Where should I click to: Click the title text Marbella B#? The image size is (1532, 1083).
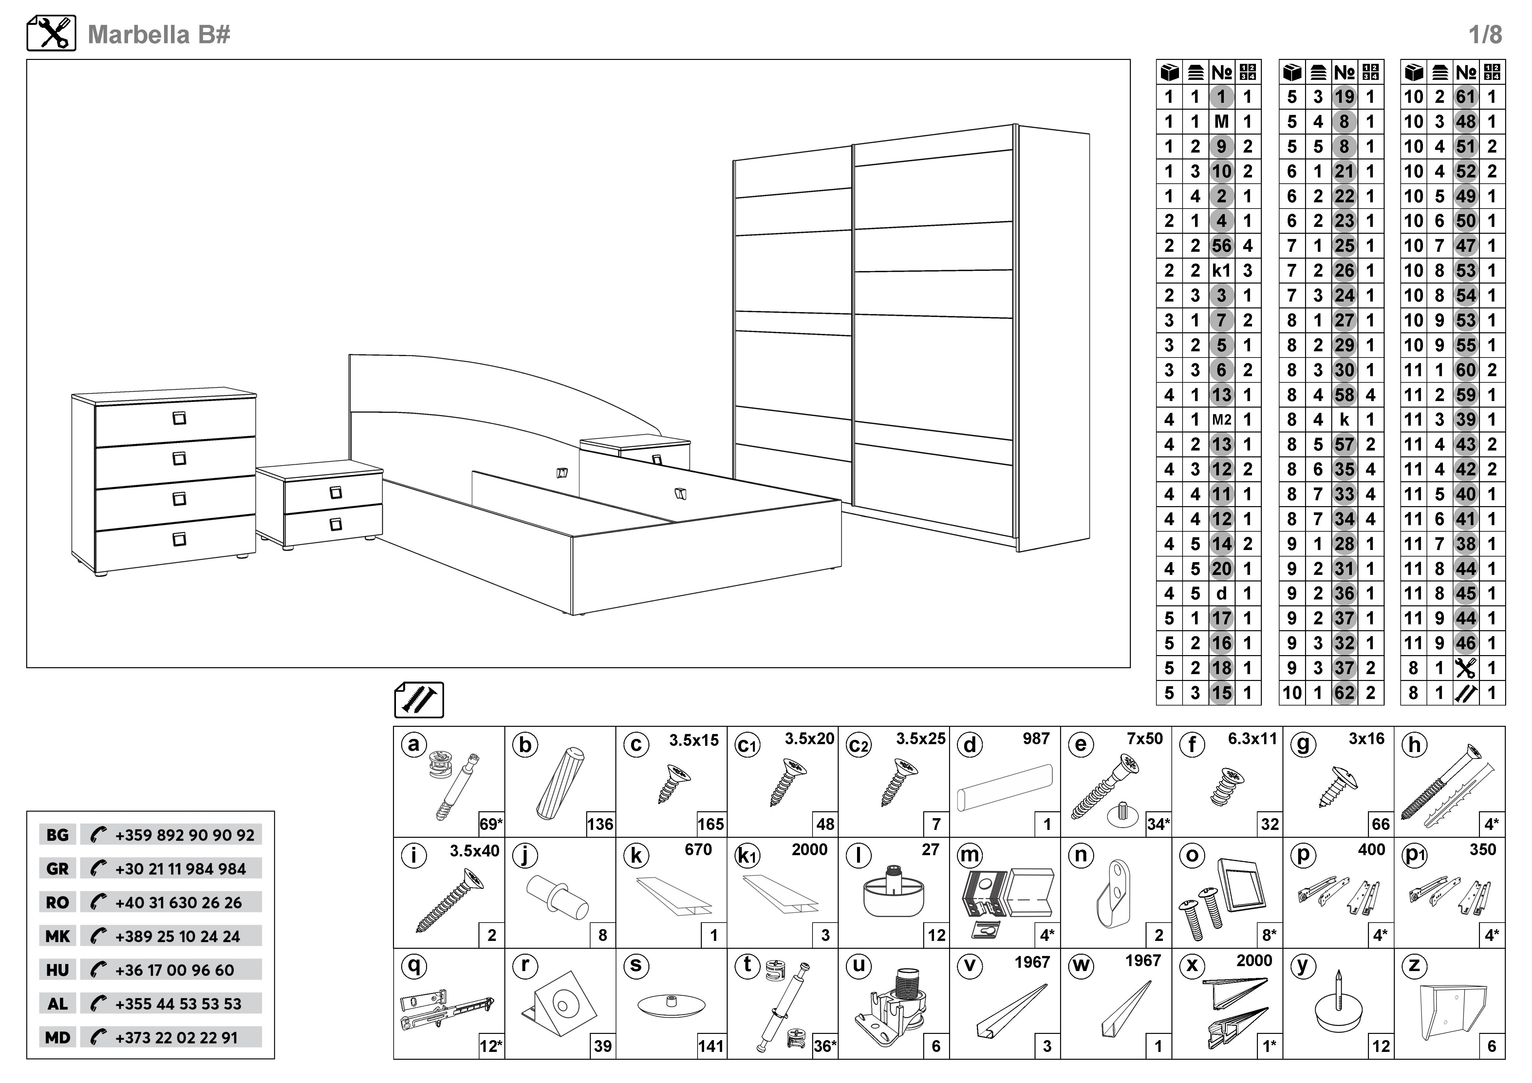click(x=159, y=35)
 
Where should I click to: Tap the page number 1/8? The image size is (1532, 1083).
click(x=1485, y=35)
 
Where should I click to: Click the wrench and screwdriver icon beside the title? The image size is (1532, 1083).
click(x=51, y=33)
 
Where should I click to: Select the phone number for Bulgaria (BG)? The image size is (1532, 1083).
click(x=184, y=835)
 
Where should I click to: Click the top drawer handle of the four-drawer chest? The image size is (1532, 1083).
click(x=179, y=418)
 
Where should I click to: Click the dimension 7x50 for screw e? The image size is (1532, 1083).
click(x=1144, y=739)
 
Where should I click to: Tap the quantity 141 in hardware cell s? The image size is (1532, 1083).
click(x=711, y=1046)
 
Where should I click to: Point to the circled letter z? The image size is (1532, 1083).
click(x=1414, y=966)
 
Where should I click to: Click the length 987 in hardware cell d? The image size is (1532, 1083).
click(x=1036, y=739)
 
